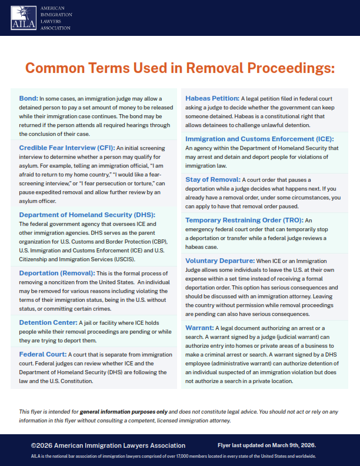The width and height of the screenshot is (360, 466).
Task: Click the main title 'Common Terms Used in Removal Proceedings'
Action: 179,68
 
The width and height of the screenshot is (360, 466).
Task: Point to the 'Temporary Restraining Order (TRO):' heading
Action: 245,220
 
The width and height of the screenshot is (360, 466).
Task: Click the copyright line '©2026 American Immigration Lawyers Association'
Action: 108,445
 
